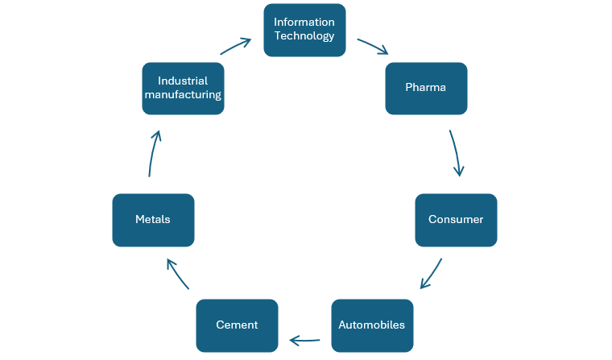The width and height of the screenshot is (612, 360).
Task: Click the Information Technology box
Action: pyautogui.click(x=304, y=30)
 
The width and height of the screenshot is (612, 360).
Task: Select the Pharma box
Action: pyautogui.click(x=426, y=88)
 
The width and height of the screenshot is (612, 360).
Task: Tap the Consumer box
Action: pyautogui.click(x=456, y=220)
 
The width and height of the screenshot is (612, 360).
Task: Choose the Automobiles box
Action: pyautogui.click(x=372, y=325)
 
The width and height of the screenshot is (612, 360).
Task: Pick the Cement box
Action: pyautogui.click(x=237, y=325)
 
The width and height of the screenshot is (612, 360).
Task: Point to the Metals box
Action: pyautogui.click(x=153, y=220)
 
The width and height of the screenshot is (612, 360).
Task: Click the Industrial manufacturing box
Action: pyautogui.click(x=183, y=88)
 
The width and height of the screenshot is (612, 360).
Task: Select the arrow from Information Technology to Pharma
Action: pyautogui.click(x=372, y=45)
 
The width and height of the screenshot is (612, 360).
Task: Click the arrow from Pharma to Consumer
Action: pyautogui.click(x=456, y=153)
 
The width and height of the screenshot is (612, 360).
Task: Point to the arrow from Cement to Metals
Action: pyautogui.click(x=177, y=274)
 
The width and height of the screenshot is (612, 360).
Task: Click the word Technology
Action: pyautogui.click(x=304, y=36)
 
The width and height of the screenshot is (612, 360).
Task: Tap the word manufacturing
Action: pyautogui.click(x=183, y=95)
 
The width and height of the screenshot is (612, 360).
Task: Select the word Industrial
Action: pyautogui.click(x=183, y=81)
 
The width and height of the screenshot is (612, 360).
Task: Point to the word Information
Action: pyautogui.click(x=304, y=22)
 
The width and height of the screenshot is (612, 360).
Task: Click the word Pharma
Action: pyautogui.click(x=426, y=88)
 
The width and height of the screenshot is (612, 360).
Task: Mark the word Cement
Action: pyautogui.click(x=237, y=325)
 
